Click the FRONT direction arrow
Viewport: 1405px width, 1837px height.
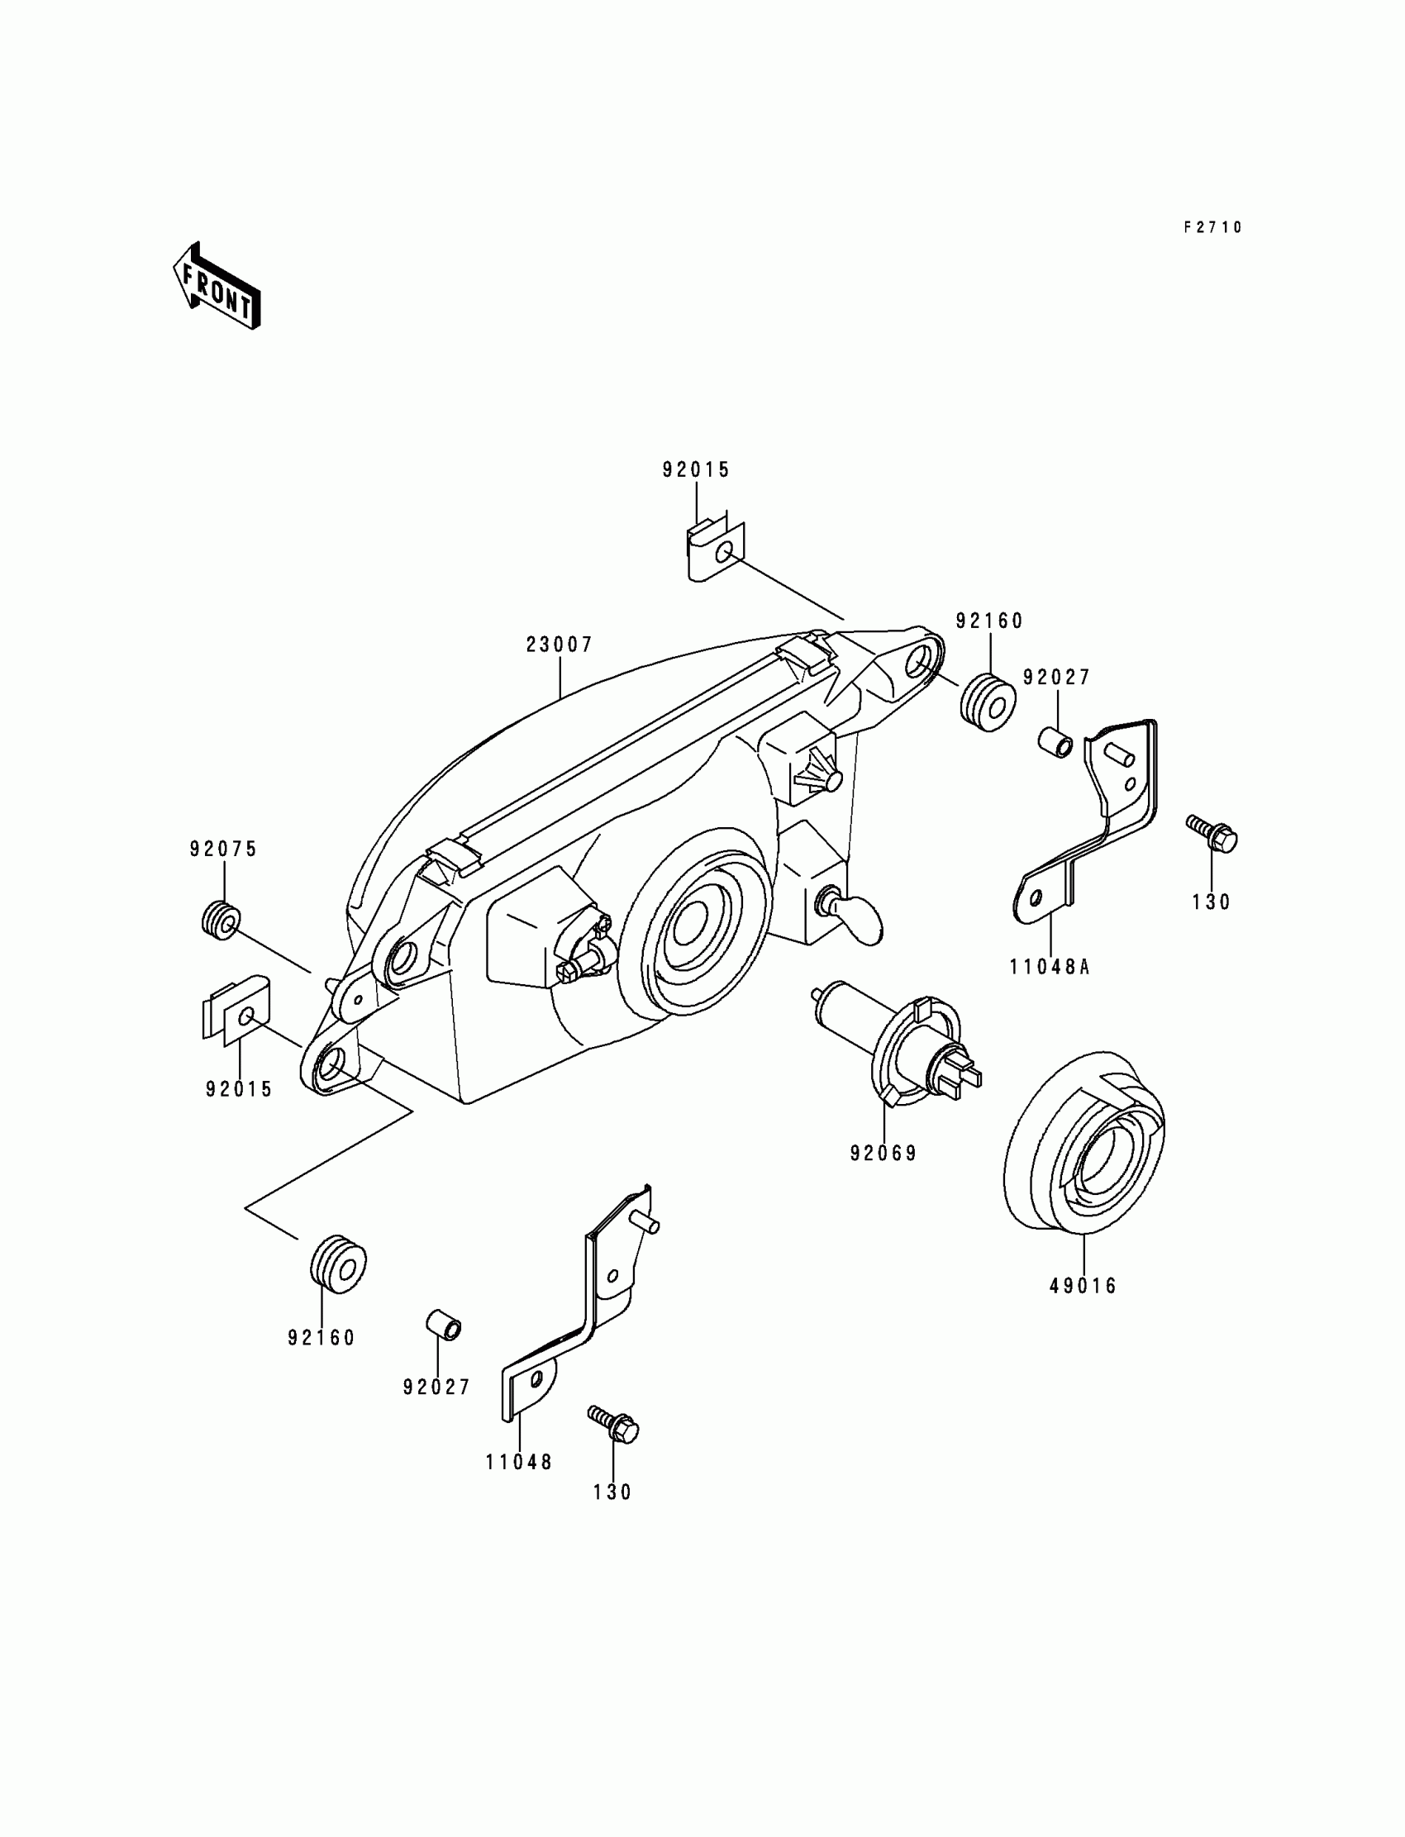[217, 287]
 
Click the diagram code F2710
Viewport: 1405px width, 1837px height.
[1212, 227]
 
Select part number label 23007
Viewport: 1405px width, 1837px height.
[560, 645]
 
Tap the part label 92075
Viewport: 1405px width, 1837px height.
[223, 849]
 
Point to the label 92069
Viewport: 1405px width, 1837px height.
[883, 1153]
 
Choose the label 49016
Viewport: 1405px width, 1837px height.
[1083, 1286]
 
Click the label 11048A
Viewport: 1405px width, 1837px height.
[1050, 968]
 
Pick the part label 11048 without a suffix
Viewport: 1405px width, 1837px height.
[518, 1463]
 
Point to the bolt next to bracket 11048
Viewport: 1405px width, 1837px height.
[615, 1423]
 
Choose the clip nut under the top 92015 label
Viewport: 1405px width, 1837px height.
[714, 551]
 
